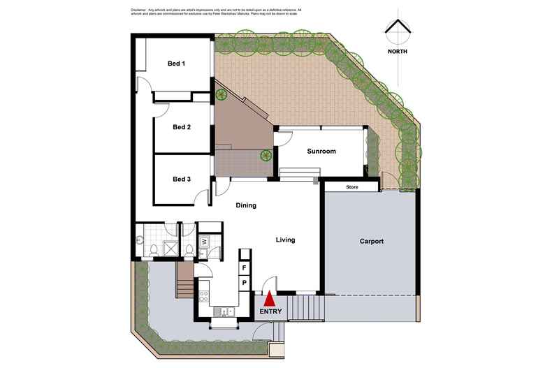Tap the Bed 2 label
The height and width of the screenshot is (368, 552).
pos(182,127)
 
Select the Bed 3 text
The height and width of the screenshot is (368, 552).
pos(182,179)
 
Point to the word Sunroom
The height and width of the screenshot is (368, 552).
pos(322,152)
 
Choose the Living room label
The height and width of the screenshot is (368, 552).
pos(285,240)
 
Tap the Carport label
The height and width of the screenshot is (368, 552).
pos(372,242)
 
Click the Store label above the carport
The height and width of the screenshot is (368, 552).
pos(352,187)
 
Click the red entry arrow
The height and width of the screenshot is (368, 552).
pos(269,298)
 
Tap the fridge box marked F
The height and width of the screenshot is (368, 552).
pos(245,267)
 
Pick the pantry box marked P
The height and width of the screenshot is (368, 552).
pos(245,283)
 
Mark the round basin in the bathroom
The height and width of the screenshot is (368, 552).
pos(141,239)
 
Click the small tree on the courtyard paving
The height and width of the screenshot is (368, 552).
pos(266,155)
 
